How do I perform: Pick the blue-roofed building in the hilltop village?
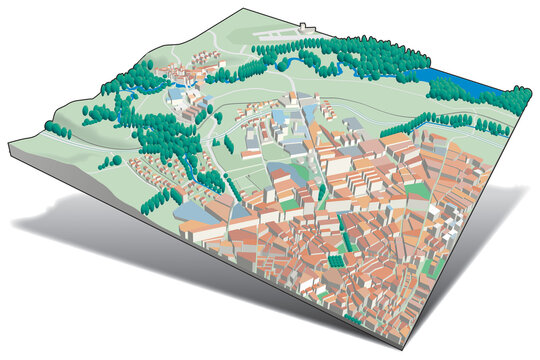tap(180, 95)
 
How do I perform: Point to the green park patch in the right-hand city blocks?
tap(420, 190)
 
